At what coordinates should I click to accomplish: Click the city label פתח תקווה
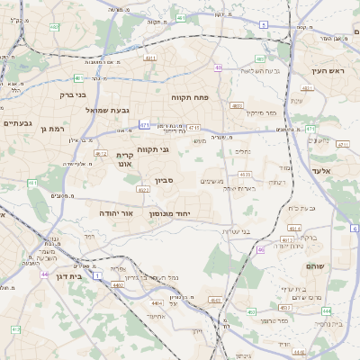189,94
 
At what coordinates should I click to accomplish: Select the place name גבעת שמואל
85,110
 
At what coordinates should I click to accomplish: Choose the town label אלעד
320,170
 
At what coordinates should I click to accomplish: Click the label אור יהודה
116,214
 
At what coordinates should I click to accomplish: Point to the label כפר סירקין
259,113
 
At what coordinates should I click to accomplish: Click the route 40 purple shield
219,67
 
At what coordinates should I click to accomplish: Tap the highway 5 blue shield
264,24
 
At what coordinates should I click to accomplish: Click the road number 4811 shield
149,58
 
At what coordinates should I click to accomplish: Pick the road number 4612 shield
101,154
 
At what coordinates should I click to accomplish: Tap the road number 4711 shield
194,129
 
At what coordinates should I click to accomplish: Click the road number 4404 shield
118,284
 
